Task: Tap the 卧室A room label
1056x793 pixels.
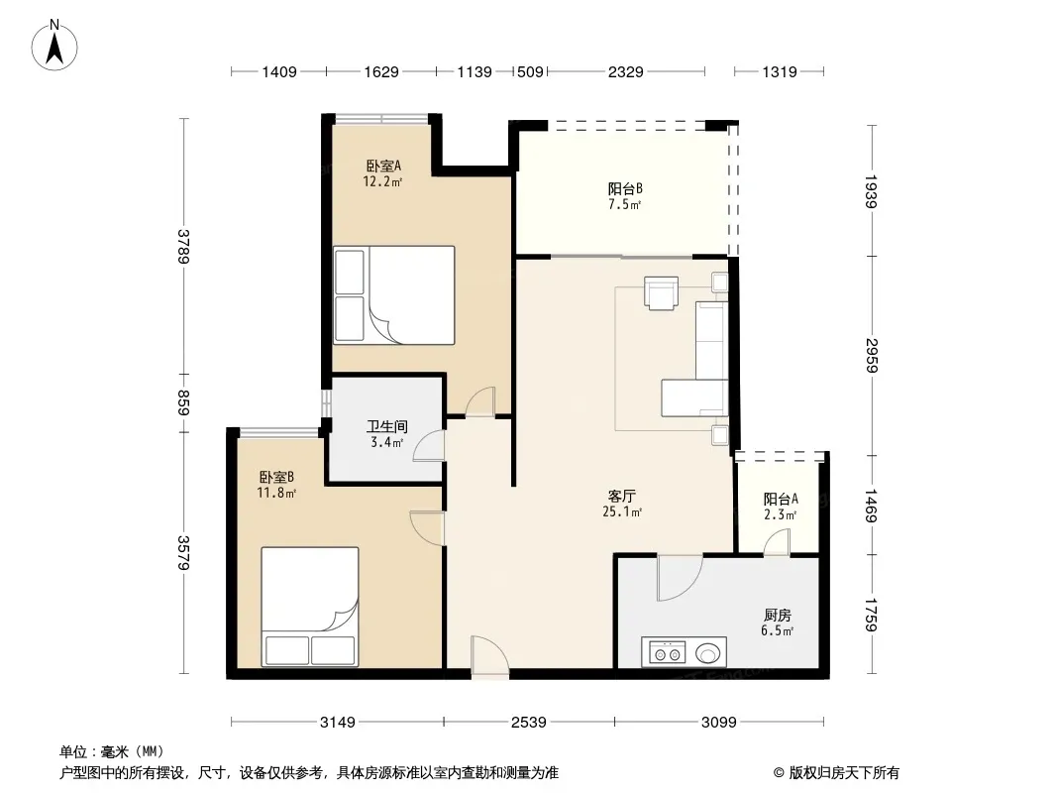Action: (383, 166)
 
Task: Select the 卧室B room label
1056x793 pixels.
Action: (276, 478)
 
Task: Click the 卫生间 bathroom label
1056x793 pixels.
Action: (386, 426)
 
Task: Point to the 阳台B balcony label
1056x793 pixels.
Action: (625, 189)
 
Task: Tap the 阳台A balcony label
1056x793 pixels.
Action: (781, 500)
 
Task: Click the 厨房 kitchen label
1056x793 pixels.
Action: (778, 616)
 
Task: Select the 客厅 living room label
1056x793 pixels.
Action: (621, 497)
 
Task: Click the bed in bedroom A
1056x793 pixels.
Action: (394, 295)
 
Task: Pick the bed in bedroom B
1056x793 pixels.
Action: (310, 607)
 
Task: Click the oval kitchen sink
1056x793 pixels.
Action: (707, 653)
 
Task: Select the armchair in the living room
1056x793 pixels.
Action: (661, 292)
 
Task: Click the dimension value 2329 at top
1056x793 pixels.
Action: (626, 72)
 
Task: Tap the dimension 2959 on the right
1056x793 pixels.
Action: (872, 356)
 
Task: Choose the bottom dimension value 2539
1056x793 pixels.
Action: (529, 723)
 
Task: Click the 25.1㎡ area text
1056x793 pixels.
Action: (621, 512)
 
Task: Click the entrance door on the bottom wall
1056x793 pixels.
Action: (489, 655)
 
